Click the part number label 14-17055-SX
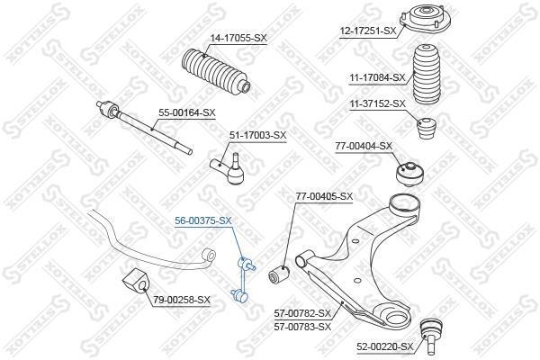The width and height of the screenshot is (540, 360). pyautogui.click(x=238, y=38)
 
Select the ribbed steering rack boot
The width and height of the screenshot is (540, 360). pyautogui.click(x=216, y=73)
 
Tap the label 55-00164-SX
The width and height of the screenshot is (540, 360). pyautogui.click(x=186, y=112)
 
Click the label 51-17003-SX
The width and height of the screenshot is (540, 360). pyautogui.click(x=258, y=135)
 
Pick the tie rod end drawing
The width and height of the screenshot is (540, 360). pyautogui.click(x=228, y=168)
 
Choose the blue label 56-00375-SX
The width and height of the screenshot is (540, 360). pyautogui.click(x=203, y=220)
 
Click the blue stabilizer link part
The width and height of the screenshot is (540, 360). pyautogui.click(x=244, y=281)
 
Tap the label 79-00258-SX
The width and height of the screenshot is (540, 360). pyautogui.click(x=182, y=300)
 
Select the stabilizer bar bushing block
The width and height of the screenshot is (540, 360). pyautogui.click(x=135, y=281)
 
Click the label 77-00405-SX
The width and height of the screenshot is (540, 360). pyautogui.click(x=324, y=196)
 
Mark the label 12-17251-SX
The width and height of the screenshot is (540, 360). pyautogui.click(x=368, y=31)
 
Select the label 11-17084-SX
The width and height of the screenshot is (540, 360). pyautogui.click(x=377, y=78)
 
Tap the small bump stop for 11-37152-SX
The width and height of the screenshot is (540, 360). pyautogui.click(x=427, y=128)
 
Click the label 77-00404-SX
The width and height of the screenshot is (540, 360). pyautogui.click(x=364, y=146)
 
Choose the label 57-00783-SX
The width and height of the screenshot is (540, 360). pyautogui.click(x=302, y=326)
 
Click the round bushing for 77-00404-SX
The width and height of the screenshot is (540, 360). pyautogui.click(x=409, y=174)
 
